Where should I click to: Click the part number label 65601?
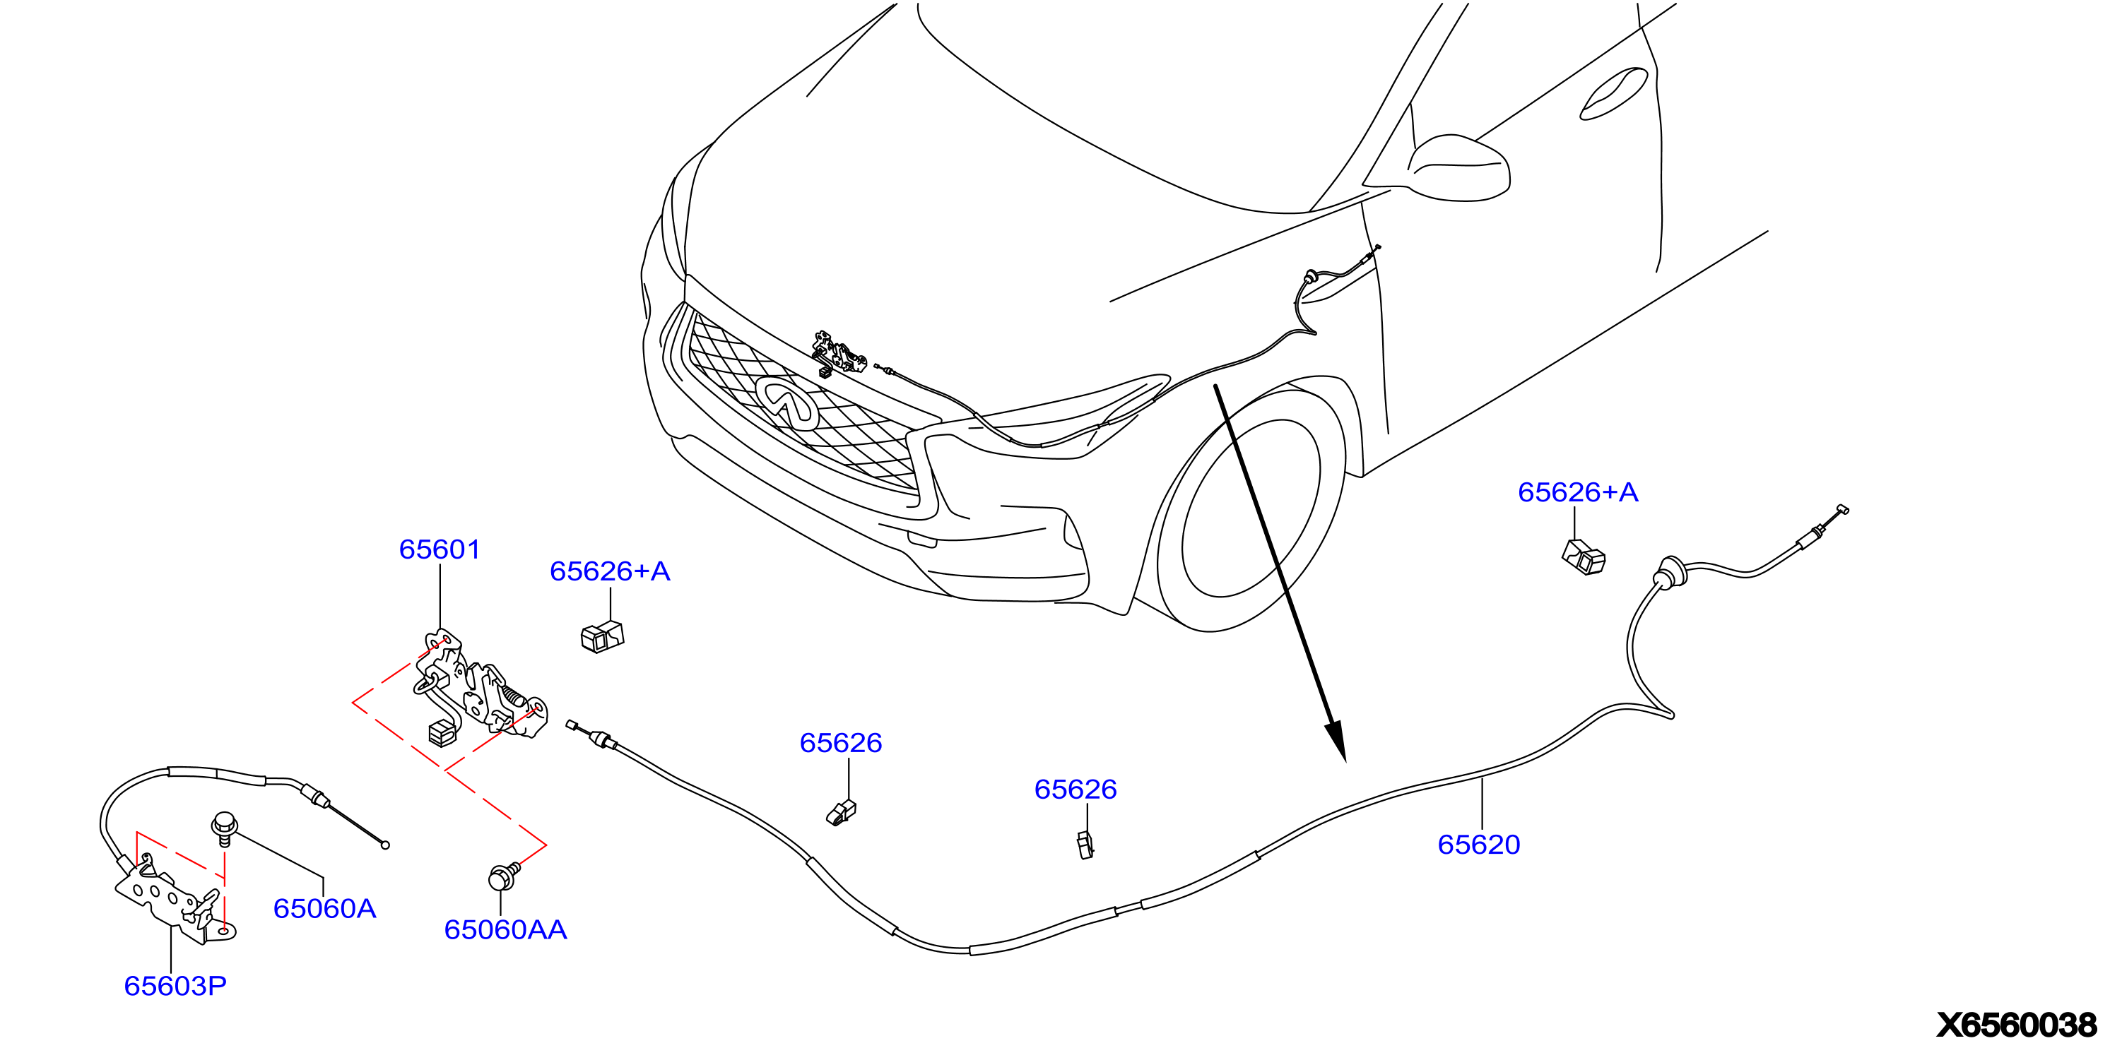(439, 549)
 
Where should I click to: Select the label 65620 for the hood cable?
(1478, 844)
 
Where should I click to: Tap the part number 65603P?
(175, 986)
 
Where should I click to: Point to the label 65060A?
(324, 909)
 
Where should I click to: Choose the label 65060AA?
(505, 930)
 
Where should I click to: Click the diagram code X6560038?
(2016, 1025)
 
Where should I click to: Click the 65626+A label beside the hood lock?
(611, 571)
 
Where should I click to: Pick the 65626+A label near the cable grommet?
(1579, 492)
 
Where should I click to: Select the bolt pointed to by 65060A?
(225, 828)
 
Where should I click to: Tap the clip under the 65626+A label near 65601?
(602, 636)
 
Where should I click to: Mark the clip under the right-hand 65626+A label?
(1584, 558)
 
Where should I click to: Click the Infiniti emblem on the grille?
(787, 402)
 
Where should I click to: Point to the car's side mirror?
(1460, 168)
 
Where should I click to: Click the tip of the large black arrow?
(1345, 761)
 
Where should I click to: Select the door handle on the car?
(1614, 94)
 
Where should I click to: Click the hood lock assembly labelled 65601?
(479, 688)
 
